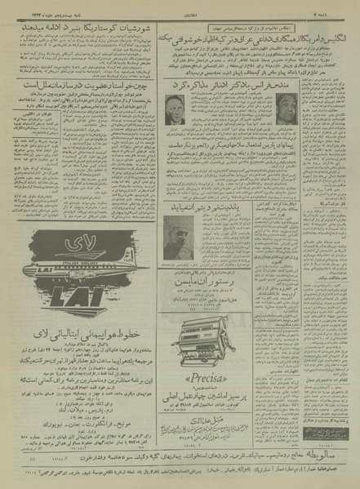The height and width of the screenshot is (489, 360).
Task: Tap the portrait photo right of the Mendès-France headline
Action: point(285,108)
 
